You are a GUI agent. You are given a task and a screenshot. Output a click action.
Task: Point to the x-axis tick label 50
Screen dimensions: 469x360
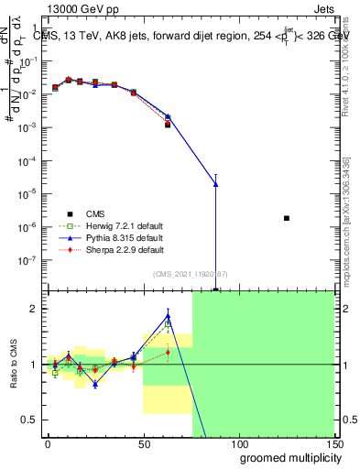(x=143, y=442)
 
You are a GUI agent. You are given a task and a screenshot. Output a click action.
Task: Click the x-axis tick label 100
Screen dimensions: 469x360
(x=238, y=442)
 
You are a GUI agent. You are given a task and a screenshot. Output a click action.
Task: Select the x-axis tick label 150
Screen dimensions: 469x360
(x=333, y=442)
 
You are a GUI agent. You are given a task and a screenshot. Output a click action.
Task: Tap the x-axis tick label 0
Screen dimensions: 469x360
(x=48, y=442)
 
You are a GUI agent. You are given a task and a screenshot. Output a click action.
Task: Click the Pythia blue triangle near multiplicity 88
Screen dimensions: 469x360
(x=215, y=184)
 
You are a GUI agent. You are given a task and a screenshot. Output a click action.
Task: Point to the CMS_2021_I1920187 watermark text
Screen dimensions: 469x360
(x=191, y=274)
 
